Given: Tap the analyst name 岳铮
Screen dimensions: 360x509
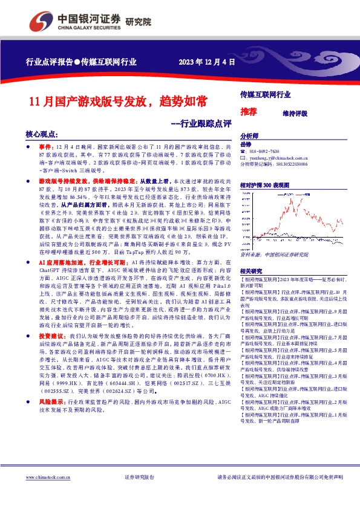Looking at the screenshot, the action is pos(245,144).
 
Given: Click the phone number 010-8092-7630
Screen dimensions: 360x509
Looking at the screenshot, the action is pos(264,151).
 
